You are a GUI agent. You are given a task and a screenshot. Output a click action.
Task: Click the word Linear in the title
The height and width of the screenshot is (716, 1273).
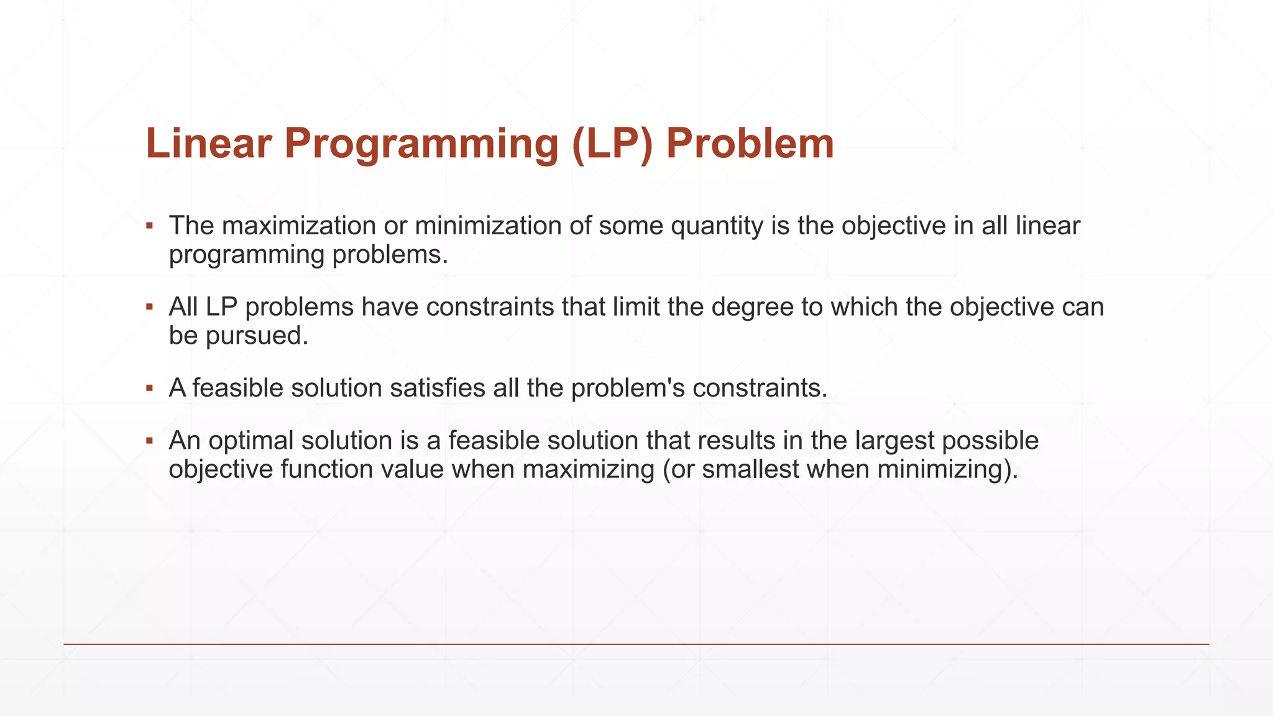[209, 144]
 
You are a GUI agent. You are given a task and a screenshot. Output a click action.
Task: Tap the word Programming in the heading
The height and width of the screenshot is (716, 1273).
[421, 144]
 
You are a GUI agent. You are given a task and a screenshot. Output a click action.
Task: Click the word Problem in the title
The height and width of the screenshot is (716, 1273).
[750, 144]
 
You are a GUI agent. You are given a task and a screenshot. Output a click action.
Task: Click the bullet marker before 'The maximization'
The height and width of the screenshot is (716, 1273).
[149, 226]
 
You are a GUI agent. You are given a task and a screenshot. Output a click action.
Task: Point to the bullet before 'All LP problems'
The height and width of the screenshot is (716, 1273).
[149, 307]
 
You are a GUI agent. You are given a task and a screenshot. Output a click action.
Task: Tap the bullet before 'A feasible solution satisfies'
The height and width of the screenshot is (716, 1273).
[149, 388]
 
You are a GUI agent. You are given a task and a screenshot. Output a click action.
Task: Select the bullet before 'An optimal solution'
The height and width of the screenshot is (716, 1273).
[149, 441]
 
